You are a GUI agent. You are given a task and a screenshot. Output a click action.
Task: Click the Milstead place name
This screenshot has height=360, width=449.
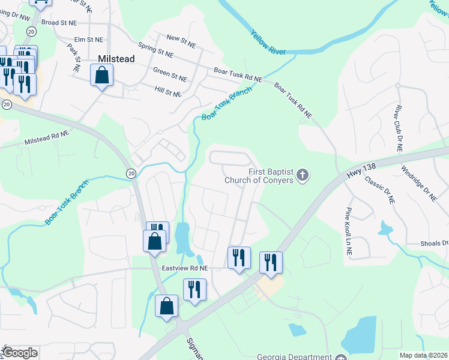pyautogui.click(x=116, y=59)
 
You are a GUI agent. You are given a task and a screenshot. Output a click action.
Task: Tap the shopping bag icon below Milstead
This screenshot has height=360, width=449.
pyautogui.click(x=101, y=76)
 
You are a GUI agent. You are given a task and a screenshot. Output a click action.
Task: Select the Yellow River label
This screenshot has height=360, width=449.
pyautogui.click(x=268, y=43)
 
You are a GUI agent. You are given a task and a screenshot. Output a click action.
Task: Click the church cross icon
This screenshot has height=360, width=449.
pyautogui.click(x=303, y=176)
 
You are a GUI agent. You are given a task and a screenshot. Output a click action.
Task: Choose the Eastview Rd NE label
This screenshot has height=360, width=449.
pyautogui.click(x=184, y=268)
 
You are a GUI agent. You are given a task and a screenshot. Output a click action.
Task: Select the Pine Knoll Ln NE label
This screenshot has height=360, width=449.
pyautogui.click(x=348, y=233)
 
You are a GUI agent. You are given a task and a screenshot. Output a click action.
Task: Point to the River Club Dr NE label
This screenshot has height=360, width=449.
pyautogui.click(x=399, y=127)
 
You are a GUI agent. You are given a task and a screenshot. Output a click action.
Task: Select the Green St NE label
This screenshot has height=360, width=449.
pyautogui.click(x=170, y=77)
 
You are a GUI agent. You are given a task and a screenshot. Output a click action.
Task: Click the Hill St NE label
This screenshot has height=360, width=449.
pyautogui.click(x=167, y=93)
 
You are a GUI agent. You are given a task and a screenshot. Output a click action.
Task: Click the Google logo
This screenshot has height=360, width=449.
pyautogui.click(x=20, y=353)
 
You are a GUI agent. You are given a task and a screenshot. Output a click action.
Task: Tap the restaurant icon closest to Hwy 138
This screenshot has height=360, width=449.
pyautogui.click(x=271, y=262)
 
